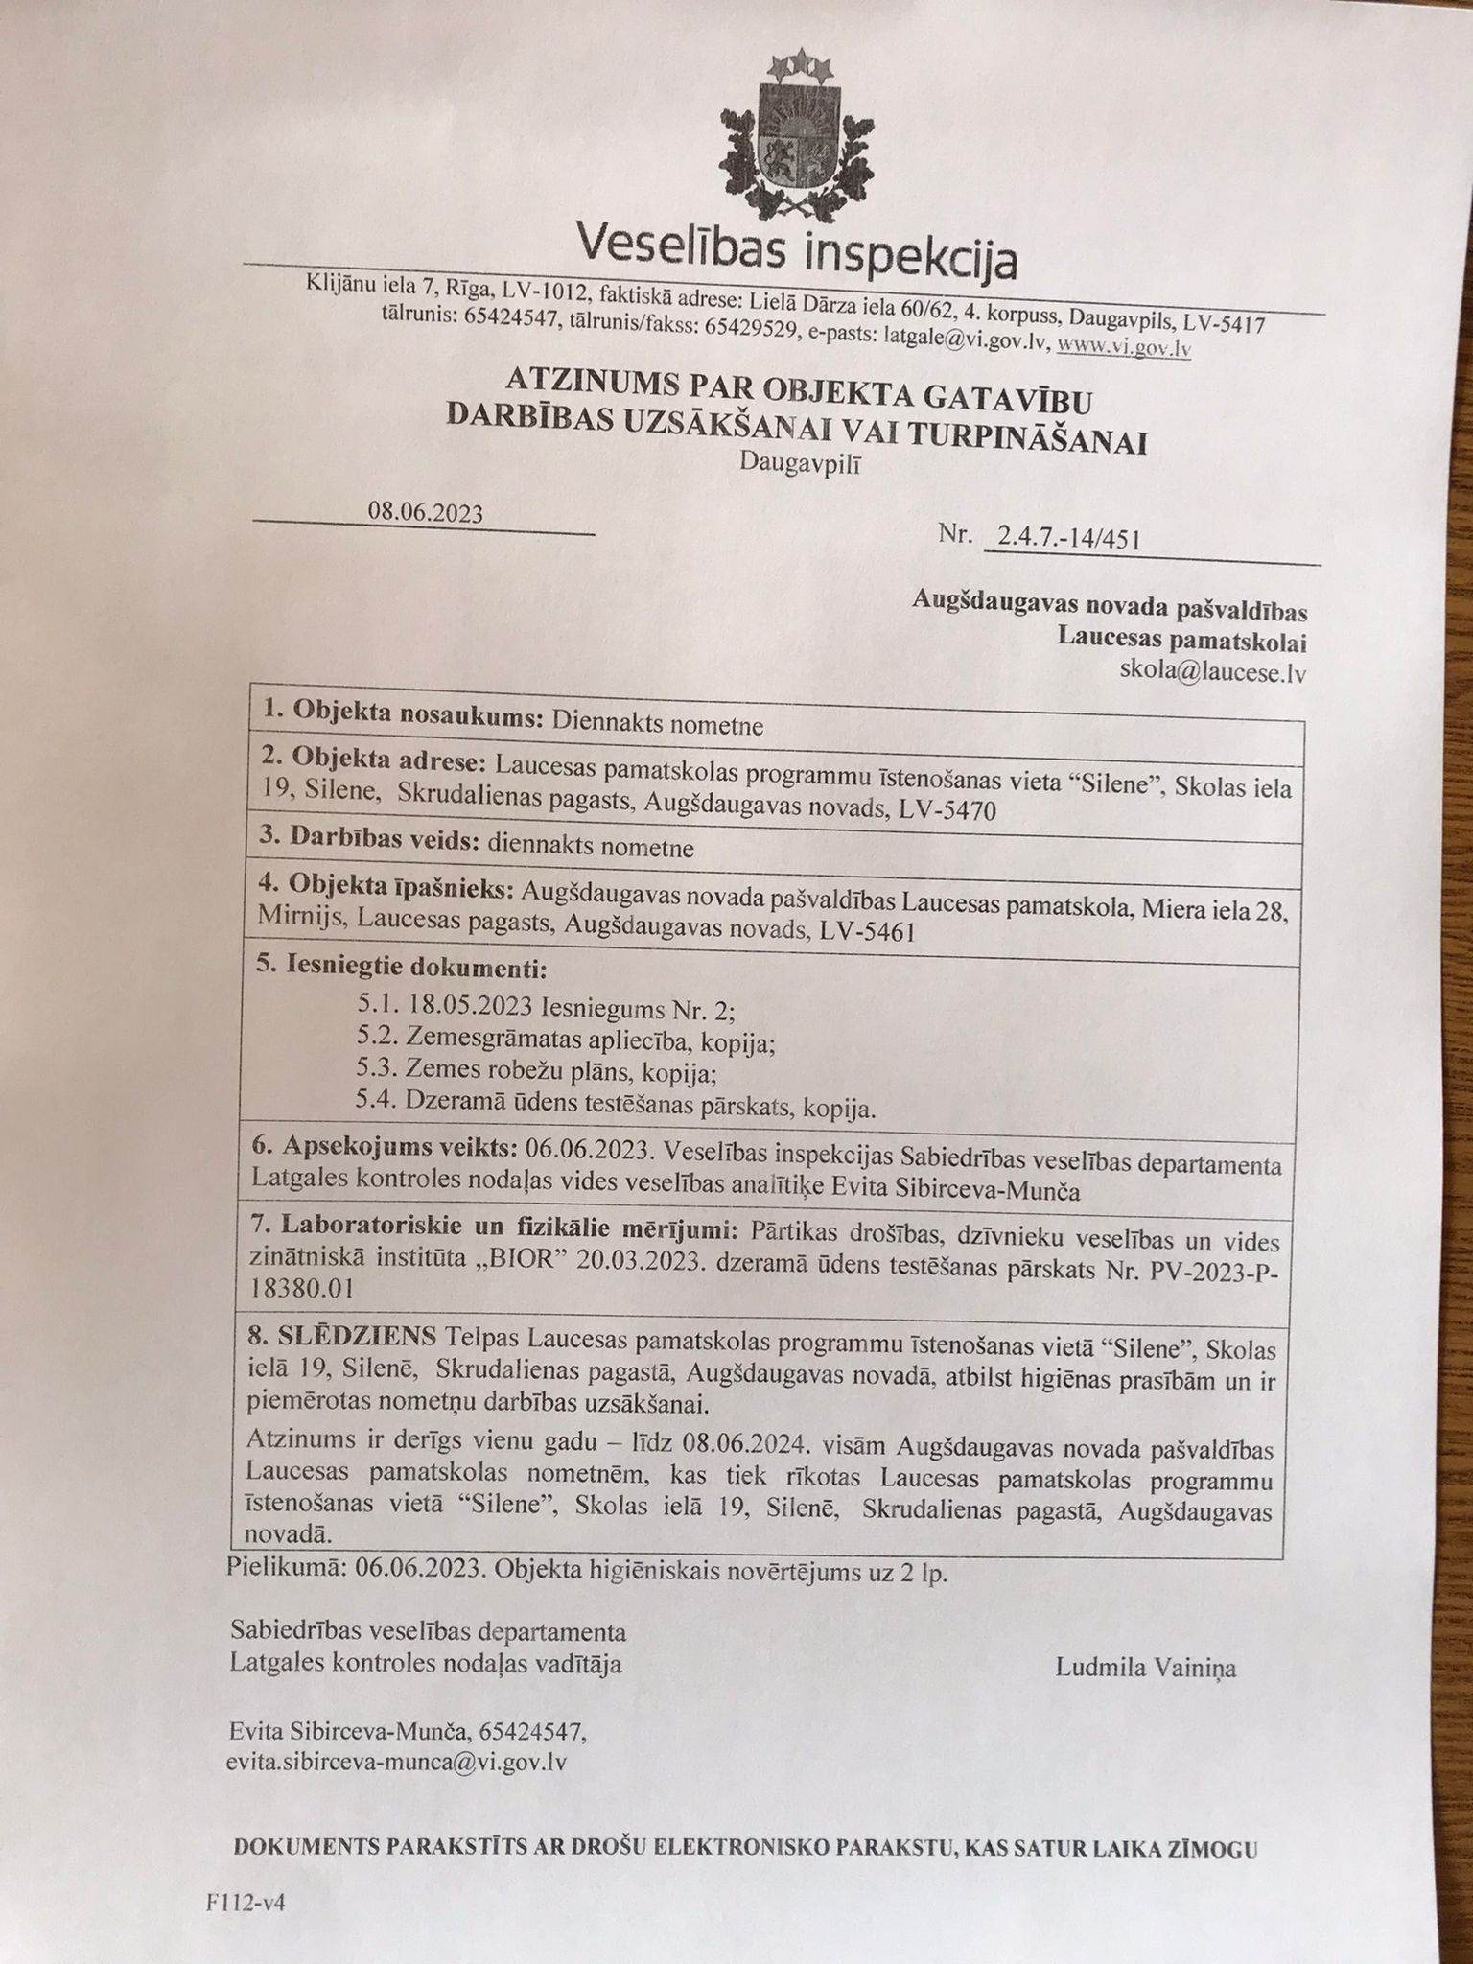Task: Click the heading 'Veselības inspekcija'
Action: click(797, 254)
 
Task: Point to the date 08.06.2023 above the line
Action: click(425, 512)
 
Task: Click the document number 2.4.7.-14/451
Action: click(1068, 538)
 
